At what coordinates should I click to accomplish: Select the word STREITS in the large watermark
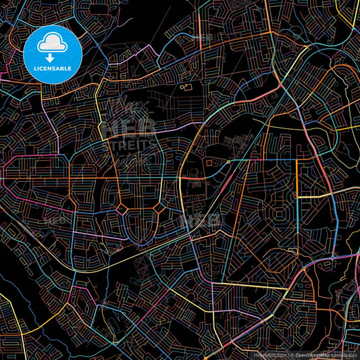click(128, 144)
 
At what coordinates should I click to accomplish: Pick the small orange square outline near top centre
click(187, 87)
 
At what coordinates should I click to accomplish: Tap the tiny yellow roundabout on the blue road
click(228, 162)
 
